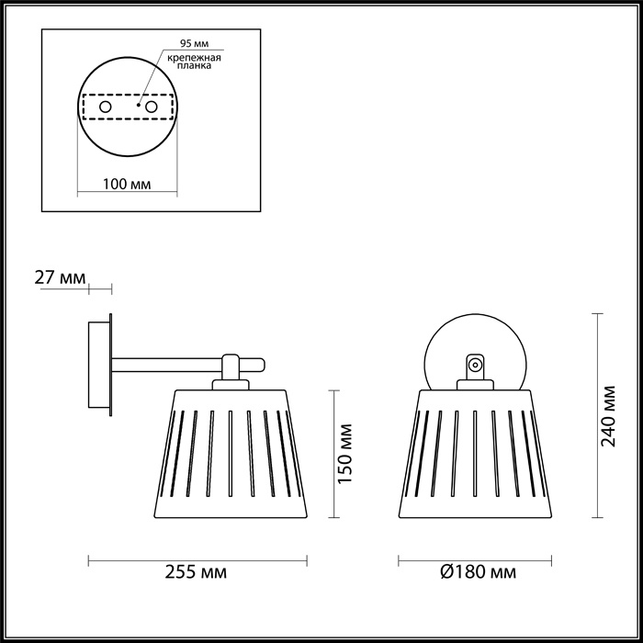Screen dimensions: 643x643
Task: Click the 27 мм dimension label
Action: (x=60, y=276)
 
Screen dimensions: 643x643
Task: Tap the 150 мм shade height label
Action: (x=344, y=456)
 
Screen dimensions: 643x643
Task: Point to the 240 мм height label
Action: (x=609, y=414)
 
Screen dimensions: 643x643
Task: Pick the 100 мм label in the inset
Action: (x=128, y=185)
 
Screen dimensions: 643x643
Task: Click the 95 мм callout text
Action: (x=194, y=42)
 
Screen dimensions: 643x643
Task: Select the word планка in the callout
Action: (x=197, y=66)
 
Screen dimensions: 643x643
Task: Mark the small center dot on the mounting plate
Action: (x=138, y=107)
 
